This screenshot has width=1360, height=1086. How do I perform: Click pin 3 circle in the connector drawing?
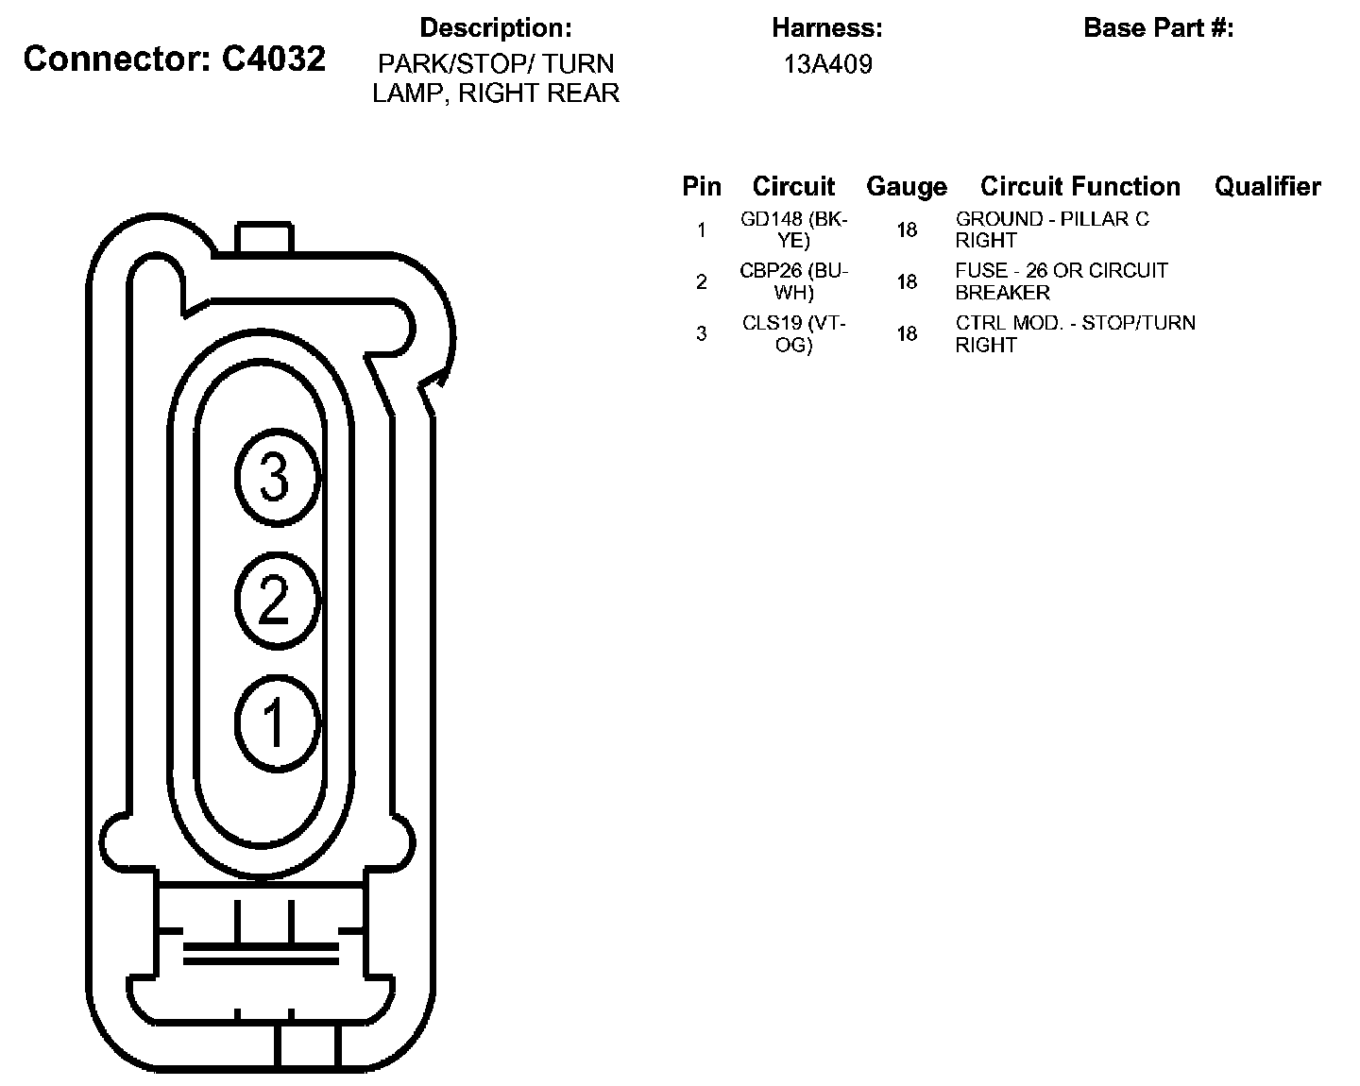coord(276,477)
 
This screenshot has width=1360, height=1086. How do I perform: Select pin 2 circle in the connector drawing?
coord(276,601)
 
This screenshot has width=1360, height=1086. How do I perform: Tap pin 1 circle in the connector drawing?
coord(276,723)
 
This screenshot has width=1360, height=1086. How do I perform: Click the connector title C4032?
coord(175,59)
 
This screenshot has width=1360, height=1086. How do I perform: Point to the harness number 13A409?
coord(827,64)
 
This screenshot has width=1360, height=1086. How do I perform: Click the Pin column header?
coord(702,186)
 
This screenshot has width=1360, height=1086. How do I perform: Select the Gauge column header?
coord(907,186)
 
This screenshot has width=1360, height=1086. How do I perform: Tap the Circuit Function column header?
coord(1080,186)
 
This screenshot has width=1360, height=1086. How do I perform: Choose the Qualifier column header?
coord(1267,186)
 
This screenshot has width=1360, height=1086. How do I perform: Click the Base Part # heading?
coord(1159,28)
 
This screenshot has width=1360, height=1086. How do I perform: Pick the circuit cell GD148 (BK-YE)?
coord(794,229)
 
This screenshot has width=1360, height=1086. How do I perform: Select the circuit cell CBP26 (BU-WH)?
coord(794,281)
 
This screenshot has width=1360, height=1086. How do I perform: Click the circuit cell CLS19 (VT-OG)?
coord(794,333)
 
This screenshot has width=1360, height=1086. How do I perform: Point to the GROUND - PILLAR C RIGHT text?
coord(1052,229)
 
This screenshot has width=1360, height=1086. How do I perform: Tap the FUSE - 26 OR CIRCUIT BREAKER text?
coord(1062,281)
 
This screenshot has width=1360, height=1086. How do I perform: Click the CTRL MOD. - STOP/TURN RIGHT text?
coord(1076,333)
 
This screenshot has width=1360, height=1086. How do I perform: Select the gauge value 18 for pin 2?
coord(907,281)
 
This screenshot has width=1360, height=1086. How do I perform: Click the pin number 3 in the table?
coord(701,333)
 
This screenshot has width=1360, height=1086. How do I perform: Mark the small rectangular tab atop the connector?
coord(264,238)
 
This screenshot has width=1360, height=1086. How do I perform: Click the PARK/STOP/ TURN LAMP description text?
coord(496,78)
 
